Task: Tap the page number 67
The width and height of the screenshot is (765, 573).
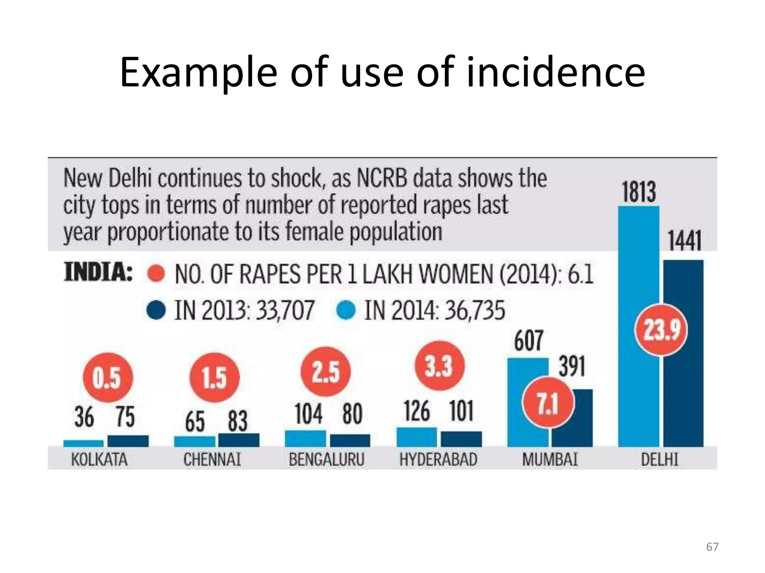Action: pos(712,547)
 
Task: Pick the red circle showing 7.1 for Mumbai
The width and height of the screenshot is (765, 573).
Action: pos(548,404)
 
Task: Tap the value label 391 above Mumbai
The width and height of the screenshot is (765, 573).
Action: pos(572,367)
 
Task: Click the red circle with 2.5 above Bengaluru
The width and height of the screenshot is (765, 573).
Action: pos(326,372)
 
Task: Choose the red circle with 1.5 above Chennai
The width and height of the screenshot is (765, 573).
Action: pos(214,378)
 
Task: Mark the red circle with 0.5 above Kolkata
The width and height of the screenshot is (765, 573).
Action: pos(108,378)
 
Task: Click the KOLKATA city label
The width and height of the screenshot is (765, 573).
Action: pos(99,459)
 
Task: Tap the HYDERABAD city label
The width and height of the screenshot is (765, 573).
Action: pos(439,459)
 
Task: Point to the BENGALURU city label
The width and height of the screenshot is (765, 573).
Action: pos(326,459)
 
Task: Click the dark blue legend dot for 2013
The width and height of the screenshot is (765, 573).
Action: pos(156,310)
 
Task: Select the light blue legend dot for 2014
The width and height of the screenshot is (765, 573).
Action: pos(346,310)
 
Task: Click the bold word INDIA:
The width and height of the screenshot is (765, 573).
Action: pos(98,272)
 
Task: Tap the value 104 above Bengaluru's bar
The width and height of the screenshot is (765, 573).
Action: pos(309,414)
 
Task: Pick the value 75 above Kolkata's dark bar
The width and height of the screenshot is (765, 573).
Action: pos(125,417)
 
